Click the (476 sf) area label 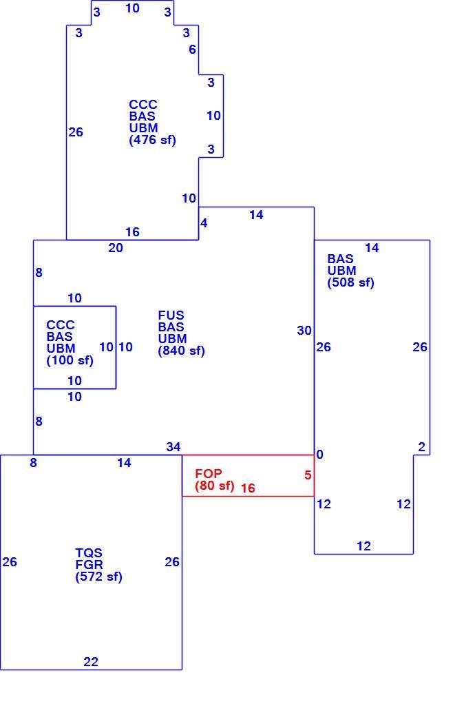click(153, 140)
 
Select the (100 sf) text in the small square click(70, 360)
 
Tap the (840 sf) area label click(181, 351)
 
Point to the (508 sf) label click(350, 282)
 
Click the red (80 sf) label click(215, 486)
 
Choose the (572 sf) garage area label click(98, 577)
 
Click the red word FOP click(208, 474)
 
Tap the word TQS click(89, 552)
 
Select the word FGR click(89, 564)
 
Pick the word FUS click(171, 315)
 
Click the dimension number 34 click(173, 447)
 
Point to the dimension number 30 click(304, 331)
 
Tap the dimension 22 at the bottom click(91, 662)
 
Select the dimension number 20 click(116, 248)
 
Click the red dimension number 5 click(308, 475)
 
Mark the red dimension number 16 click(248, 488)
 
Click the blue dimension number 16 click(132, 232)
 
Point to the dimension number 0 click(319, 455)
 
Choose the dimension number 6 click(192, 50)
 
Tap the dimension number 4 click(204, 223)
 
